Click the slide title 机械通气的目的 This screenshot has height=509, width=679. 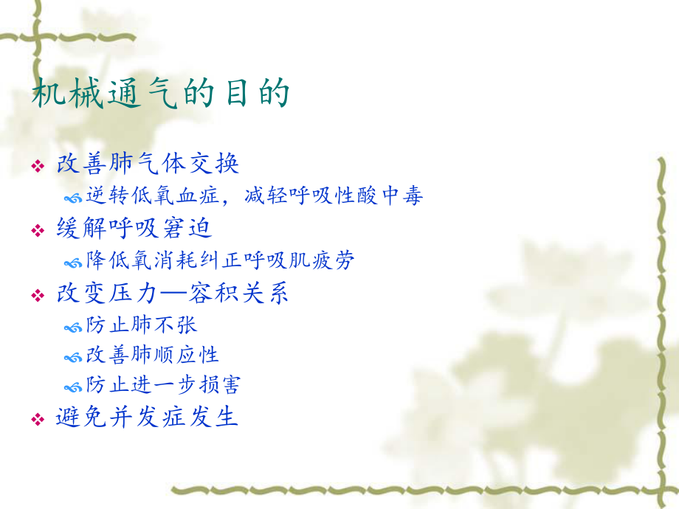[x=161, y=94]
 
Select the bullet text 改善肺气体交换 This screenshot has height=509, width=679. [x=148, y=164]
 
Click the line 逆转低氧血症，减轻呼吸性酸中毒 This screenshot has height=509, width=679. [x=254, y=196]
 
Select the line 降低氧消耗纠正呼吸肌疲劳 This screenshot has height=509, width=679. [x=220, y=260]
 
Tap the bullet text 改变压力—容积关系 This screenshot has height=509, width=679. [x=172, y=293]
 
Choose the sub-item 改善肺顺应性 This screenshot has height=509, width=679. [x=152, y=354]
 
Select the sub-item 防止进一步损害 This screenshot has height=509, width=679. [x=162, y=384]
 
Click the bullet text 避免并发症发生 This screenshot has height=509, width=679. [x=148, y=417]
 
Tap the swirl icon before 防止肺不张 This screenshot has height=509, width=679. [x=73, y=325]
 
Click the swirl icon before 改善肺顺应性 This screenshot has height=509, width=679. [x=73, y=356]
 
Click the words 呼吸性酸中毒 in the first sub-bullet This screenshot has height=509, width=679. [x=360, y=196]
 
